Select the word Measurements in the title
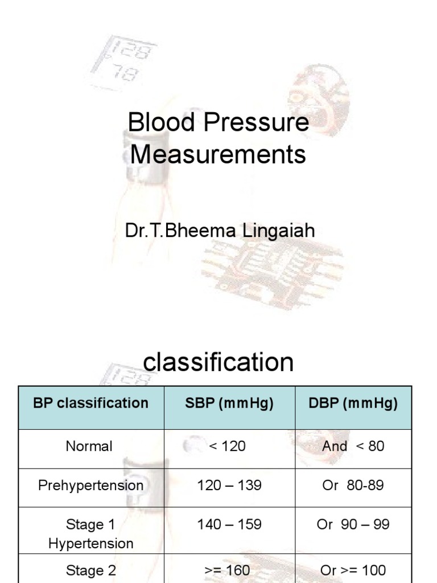click(x=218, y=154)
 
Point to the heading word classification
click(x=218, y=362)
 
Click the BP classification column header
click(x=91, y=404)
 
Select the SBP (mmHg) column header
click(x=229, y=404)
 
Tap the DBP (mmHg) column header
click(x=353, y=404)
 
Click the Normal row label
click(x=89, y=446)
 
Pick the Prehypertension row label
click(x=91, y=486)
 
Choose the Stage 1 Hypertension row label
click(x=91, y=533)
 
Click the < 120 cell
click(x=228, y=446)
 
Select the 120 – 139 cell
click(x=229, y=486)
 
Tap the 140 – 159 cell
click(x=229, y=524)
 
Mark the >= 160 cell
click(x=227, y=570)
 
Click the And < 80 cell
click(x=353, y=446)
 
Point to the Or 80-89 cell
click(x=353, y=486)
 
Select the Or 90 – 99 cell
click(x=353, y=524)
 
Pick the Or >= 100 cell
click(x=353, y=570)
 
